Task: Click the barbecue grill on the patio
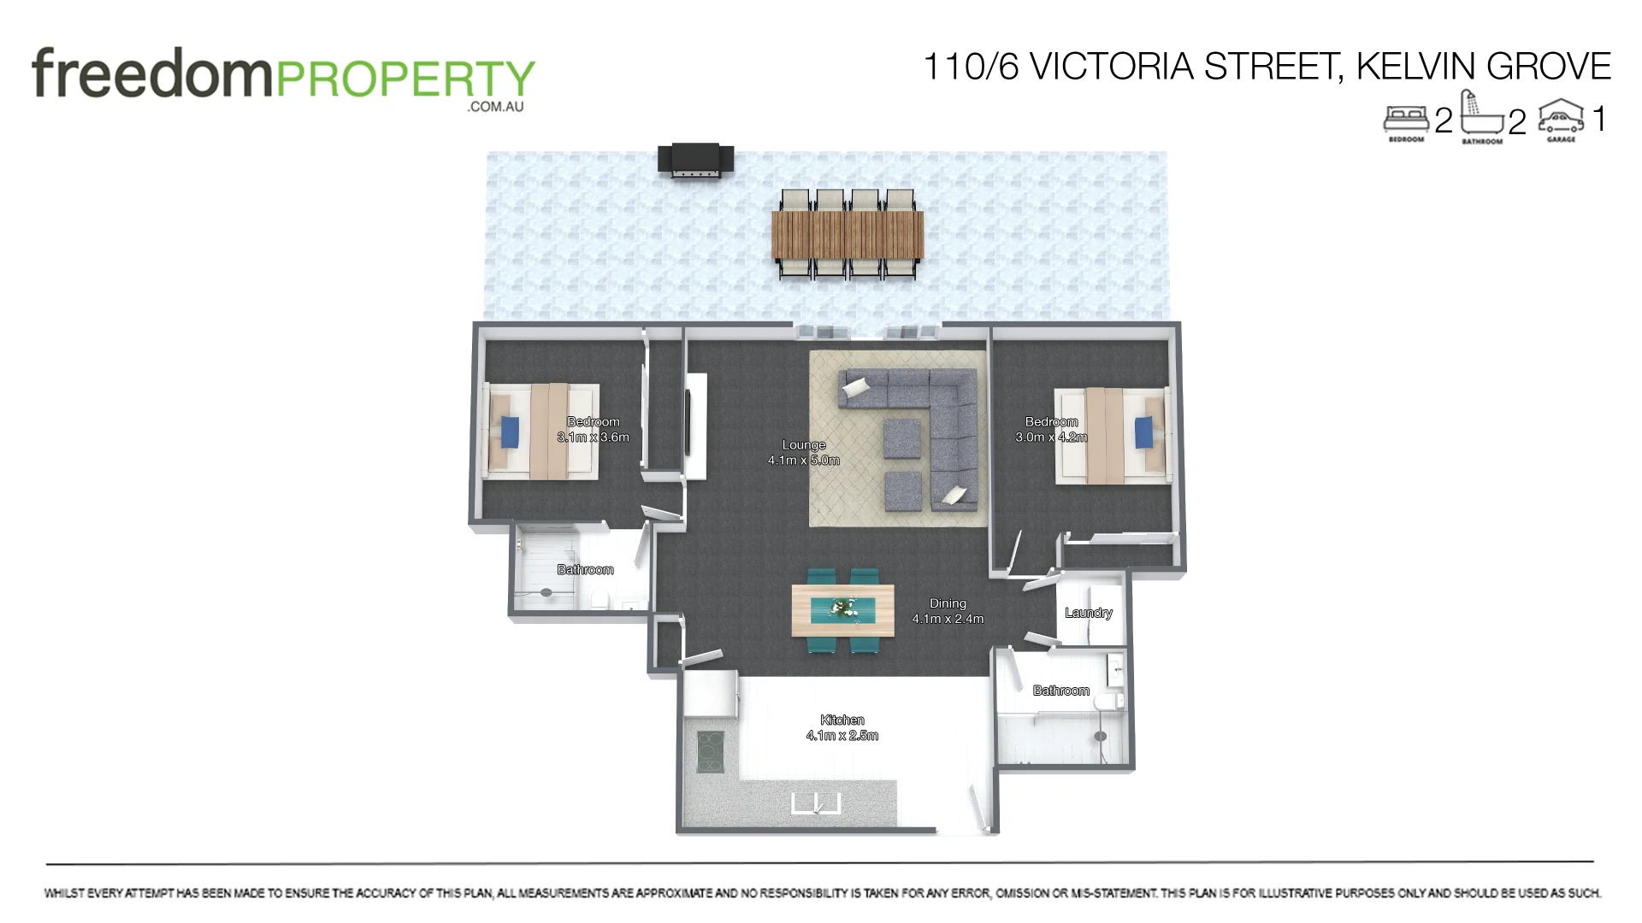695,160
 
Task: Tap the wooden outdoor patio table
847,235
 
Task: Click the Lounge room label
803,444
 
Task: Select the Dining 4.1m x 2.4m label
948,611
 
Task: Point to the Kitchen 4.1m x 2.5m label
842,727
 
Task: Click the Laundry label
1088,613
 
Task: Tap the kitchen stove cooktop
710,751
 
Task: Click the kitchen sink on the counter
816,803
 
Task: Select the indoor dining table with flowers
842,609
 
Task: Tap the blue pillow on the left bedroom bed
510,432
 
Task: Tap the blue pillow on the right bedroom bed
1144,432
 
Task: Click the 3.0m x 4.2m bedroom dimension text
1051,438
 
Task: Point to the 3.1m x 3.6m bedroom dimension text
593,438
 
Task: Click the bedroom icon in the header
1406,120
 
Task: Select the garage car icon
1561,117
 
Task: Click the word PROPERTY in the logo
404,79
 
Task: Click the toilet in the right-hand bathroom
1110,703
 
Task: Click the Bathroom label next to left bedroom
585,569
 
